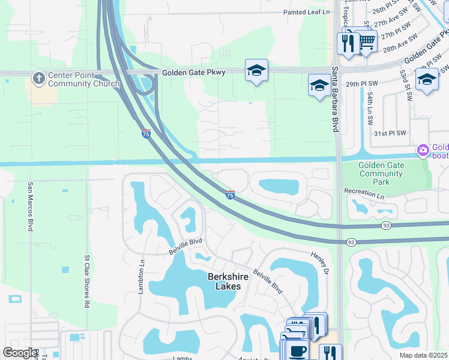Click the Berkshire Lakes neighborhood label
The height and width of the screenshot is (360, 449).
[x=224, y=281]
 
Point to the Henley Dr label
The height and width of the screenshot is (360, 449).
[x=321, y=264]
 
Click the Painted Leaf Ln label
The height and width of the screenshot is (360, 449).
[x=307, y=12]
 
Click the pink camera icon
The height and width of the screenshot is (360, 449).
[x=423, y=149]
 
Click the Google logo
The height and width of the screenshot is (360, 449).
[x=20, y=353]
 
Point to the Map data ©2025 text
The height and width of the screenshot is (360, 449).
[x=424, y=355]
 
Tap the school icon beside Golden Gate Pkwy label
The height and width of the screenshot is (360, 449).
[x=256, y=71]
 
